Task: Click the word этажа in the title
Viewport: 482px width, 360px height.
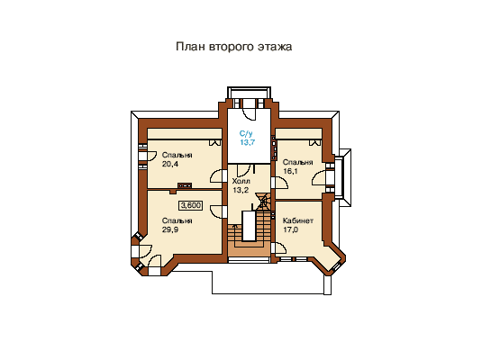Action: click(275, 47)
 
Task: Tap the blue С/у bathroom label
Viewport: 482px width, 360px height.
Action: click(246, 133)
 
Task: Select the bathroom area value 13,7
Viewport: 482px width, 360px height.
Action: click(248, 142)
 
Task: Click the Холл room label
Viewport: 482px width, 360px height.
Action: click(241, 181)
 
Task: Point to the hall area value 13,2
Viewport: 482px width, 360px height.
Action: click(241, 190)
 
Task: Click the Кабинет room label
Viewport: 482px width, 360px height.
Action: click(298, 220)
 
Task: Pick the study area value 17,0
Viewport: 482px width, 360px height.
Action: click(290, 229)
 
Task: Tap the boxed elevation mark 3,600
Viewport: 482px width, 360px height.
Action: click(191, 205)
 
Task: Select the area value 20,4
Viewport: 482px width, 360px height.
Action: click(170, 164)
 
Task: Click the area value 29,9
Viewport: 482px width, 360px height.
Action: click(170, 229)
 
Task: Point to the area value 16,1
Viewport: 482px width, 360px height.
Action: click(290, 171)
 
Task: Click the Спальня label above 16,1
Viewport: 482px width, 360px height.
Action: click(297, 162)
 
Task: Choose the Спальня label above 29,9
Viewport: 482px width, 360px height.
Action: click(177, 220)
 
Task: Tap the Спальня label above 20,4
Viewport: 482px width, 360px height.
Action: click(177, 155)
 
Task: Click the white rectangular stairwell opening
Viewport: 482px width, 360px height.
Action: click(249, 226)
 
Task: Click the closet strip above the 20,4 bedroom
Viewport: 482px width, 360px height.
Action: click(185, 133)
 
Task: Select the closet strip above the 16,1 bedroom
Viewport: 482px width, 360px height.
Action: click(298, 133)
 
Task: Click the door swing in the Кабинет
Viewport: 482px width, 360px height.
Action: click(280, 247)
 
